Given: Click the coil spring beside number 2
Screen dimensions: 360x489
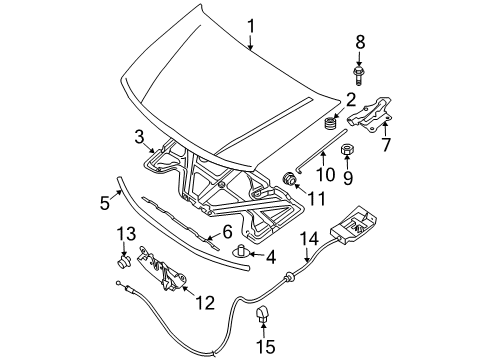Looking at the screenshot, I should pos(330,123).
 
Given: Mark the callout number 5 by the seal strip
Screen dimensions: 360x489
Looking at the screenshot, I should pos(104,204).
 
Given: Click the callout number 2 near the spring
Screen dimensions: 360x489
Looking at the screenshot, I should pos(350,99).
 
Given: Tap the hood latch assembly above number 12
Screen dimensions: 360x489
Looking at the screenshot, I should pos(160,266).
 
